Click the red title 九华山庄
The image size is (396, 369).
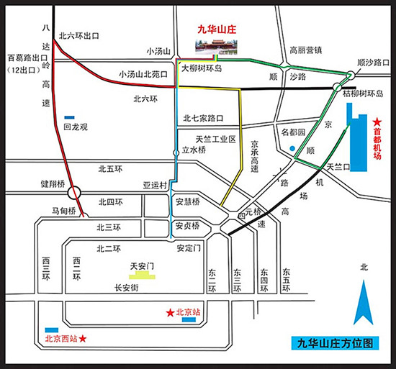[x=217, y=29]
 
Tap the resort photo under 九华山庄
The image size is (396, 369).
[x=216, y=47]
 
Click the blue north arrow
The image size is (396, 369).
[x=363, y=302]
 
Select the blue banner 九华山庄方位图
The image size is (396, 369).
[x=335, y=343]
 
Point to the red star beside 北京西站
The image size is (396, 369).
[x=83, y=339]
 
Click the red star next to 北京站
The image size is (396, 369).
[x=170, y=313]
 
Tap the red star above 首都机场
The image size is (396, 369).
[x=377, y=122]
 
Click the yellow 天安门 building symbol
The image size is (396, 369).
[x=142, y=275]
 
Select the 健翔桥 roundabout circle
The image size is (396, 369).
[x=74, y=193]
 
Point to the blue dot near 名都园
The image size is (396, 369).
[x=292, y=149]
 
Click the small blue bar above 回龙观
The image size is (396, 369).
[x=69, y=117]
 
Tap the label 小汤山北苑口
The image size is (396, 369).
[x=143, y=74]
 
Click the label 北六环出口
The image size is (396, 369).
[x=78, y=36]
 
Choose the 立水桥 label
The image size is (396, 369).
[x=194, y=150]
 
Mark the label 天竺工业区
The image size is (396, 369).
[x=216, y=140]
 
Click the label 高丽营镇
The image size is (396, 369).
[x=305, y=50]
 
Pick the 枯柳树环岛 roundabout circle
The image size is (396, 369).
[x=337, y=87]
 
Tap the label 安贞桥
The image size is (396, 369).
[x=187, y=226]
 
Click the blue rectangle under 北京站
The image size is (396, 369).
[x=189, y=320]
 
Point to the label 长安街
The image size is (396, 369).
[x=127, y=288]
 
